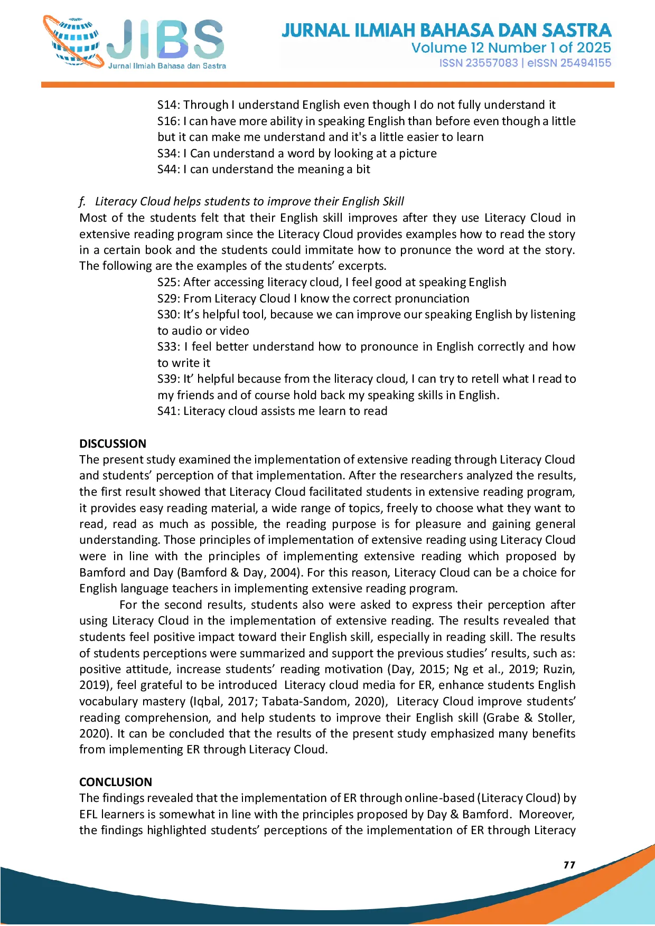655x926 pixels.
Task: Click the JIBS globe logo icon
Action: (74, 42)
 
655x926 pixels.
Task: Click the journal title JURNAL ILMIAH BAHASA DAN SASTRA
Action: (446, 30)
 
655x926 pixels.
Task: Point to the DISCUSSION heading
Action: (113, 443)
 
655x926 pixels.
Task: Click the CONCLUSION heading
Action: (116, 782)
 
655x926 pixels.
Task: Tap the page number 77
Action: (569, 865)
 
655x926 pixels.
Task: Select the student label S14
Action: (168, 105)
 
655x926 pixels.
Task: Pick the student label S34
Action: (168, 154)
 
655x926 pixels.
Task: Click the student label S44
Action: (168, 169)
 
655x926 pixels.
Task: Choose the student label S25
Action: (168, 282)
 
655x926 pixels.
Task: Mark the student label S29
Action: (168, 299)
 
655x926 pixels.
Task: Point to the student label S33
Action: (168, 347)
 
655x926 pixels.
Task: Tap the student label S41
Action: (168, 411)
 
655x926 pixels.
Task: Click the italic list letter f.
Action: (82, 202)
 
